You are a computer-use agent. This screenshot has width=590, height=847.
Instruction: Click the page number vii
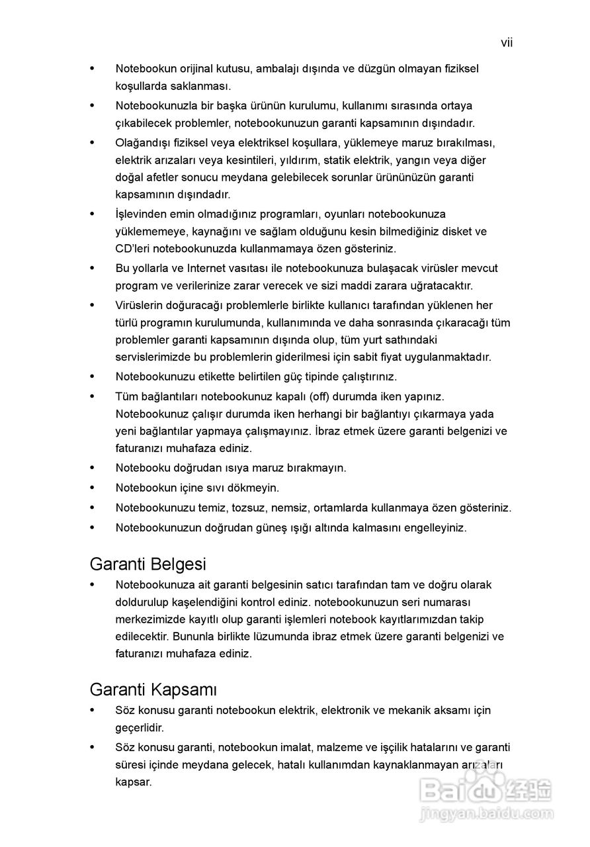507,44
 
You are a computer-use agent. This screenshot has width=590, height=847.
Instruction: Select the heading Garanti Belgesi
147,564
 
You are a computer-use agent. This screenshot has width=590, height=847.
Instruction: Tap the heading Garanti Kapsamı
153,690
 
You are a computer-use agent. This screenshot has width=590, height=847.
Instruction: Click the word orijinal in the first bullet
200,69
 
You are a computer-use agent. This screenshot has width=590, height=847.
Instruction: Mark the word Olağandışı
145,143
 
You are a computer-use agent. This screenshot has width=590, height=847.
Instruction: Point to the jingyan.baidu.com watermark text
487,813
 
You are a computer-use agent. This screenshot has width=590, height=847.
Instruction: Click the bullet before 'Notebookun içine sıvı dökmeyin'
93,488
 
